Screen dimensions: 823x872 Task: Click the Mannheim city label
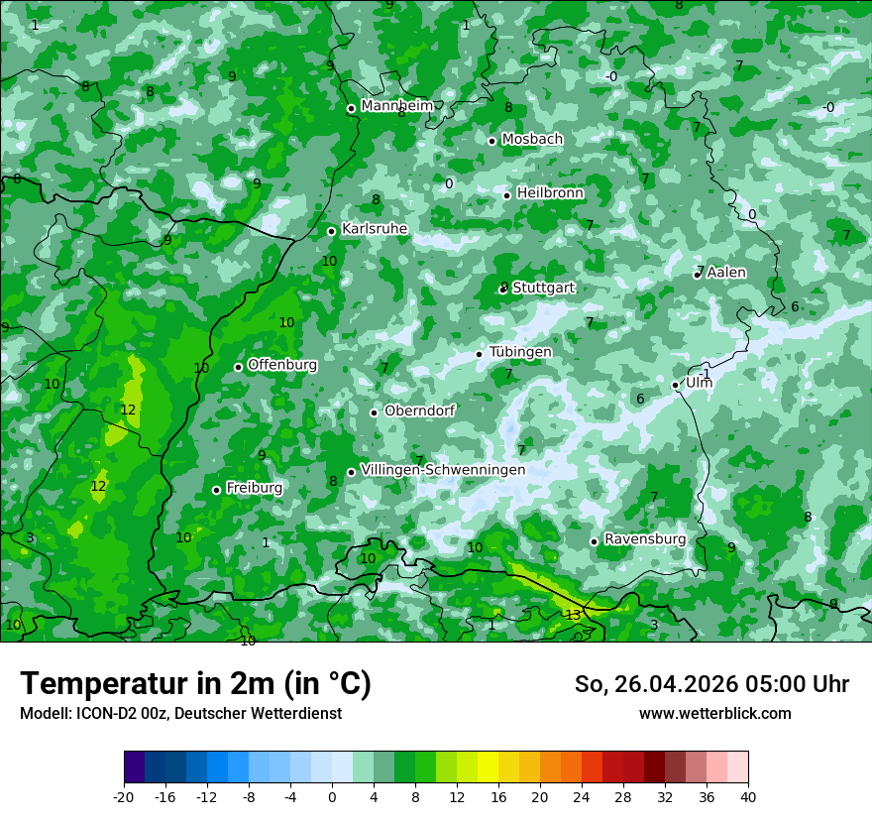pos(397,106)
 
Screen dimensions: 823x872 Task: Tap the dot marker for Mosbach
pos(491,141)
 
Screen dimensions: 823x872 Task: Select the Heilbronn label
pos(550,193)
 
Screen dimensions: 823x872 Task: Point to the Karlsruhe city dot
pos(332,231)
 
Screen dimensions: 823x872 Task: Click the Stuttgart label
pos(543,288)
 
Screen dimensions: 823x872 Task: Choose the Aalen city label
pos(726,273)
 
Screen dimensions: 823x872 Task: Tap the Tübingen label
pos(520,352)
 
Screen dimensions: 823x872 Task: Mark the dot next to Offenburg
pos(238,367)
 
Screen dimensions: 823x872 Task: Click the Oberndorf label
pos(419,411)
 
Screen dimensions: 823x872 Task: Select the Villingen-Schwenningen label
pos(443,469)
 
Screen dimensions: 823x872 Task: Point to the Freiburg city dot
pos(216,490)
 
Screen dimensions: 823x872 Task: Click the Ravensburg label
pos(644,539)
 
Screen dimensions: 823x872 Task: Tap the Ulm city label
pos(699,383)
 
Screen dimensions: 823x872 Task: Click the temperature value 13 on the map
pos(573,616)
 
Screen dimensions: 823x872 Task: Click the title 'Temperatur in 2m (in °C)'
pos(195,684)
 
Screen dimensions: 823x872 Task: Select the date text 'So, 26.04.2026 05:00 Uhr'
pos(711,684)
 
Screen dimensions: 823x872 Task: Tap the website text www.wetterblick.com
pos(714,714)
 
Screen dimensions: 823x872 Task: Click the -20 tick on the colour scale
pos(124,796)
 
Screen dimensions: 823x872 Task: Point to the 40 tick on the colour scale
pos(748,796)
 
